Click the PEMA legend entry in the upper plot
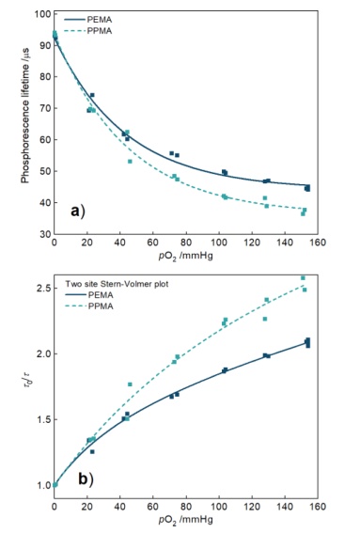click(88, 20)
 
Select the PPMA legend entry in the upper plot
click(88, 31)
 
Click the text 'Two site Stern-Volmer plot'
click(117, 284)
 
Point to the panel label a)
click(78, 212)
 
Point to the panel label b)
click(86, 479)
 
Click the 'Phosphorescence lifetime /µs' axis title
click(25, 116)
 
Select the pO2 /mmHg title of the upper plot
click(185, 256)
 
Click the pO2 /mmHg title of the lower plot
click(185, 520)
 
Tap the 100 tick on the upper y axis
click(43, 14)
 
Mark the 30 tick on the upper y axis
click(45, 234)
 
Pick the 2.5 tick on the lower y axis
click(44, 289)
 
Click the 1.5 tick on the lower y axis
click(44, 419)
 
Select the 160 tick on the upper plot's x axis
click(318, 243)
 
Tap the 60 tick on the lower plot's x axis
click(152, 507)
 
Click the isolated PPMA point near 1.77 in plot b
click(130, 384)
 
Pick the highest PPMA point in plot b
click(303, 278)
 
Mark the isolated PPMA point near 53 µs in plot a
click(130, 162)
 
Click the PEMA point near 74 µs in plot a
click(92, 95)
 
